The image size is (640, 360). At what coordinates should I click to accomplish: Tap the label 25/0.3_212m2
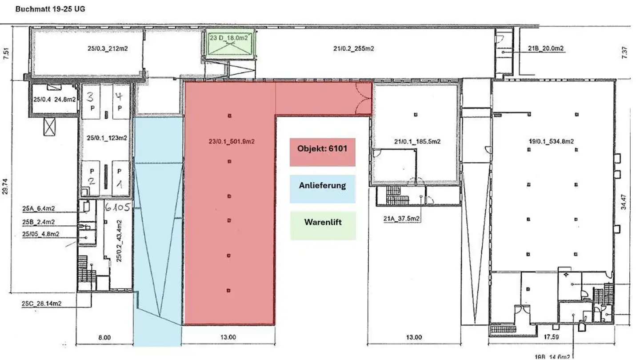108,48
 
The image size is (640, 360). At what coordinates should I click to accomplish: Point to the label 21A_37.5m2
402,218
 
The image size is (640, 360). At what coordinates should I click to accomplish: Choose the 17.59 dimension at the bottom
551,337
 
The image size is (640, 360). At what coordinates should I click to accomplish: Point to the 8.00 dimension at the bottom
104,338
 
